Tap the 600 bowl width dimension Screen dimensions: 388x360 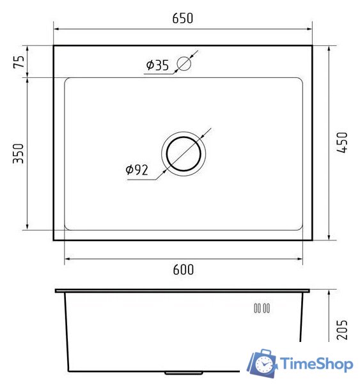[183, 270]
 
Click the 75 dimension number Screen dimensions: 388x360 [19, 62]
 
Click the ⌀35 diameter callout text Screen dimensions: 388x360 [157, 65]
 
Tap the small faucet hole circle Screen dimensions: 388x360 [184, 63]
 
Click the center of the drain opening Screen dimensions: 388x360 [184, 153]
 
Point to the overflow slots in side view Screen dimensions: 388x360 [262, 308]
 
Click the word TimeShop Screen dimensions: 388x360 [317, 364]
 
